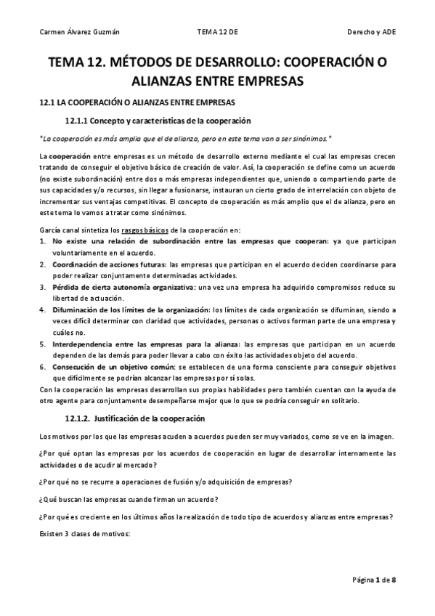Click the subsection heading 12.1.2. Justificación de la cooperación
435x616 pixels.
coord(135,418)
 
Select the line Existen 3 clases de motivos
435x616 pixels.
coord(84,534)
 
